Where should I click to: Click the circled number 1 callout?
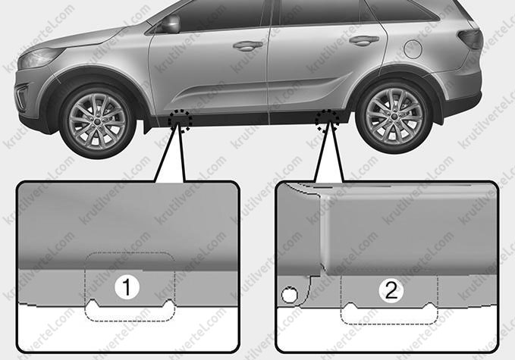coord(127,287)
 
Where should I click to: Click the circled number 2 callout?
coord(391,290)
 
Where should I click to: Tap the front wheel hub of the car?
coord(98,121)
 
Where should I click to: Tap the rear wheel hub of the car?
coord(393,116)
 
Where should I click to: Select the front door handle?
coord(248,45)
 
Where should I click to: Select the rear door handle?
coord(364,40)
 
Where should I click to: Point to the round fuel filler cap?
coord(413,49)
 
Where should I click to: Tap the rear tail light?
coord(471,39)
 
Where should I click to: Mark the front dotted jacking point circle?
coord(180,121)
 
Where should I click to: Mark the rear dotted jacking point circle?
coord(327,121)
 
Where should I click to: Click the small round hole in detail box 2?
coord(290,294)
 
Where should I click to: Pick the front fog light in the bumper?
coord(22,96)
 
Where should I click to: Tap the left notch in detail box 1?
coord(93,302)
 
